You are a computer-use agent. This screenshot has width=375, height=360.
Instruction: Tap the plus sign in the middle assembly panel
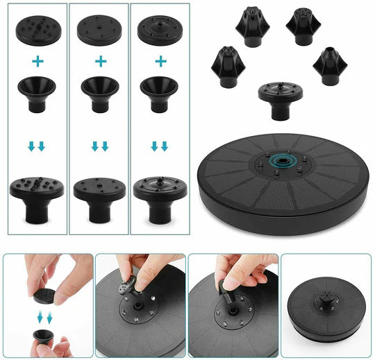point(101,61)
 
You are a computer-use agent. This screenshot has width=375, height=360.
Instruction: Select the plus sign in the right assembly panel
point(160,61)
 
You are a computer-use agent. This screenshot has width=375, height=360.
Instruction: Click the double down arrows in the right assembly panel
point(160,146)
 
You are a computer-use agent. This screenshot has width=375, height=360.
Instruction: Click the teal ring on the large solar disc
point(283,162)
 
